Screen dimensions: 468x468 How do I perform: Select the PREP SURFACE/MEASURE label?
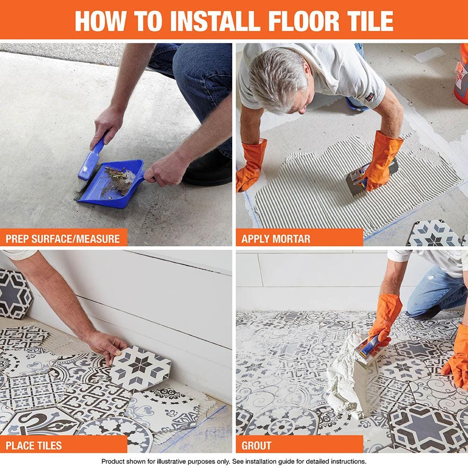63,239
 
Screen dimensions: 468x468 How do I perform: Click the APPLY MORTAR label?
276,239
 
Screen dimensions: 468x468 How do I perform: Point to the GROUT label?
256,446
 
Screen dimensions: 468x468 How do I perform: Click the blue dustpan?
115,183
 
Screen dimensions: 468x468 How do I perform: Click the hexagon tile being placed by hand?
140,367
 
